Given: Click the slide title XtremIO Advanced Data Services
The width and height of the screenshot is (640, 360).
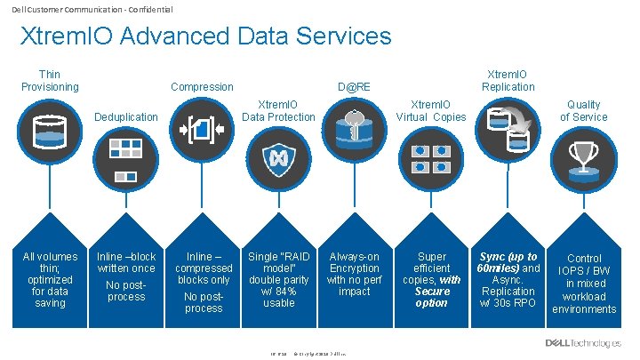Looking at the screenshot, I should (x=205, y=36).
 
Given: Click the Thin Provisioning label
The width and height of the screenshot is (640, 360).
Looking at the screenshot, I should (x=50, y=80).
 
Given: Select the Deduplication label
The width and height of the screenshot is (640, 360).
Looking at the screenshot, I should (x=126, y=116).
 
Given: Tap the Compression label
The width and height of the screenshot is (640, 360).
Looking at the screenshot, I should (x=202, y=87).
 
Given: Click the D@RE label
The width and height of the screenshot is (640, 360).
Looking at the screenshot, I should (x=355, y=87).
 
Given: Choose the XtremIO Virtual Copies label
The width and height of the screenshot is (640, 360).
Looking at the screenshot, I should (x=431, y=110).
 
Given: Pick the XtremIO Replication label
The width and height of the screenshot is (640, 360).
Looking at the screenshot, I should (x=508, y=80).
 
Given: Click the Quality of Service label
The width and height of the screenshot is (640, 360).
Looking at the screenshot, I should (x=584, y=110).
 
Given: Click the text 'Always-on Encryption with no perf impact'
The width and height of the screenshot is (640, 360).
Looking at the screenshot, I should (x=355, y=274).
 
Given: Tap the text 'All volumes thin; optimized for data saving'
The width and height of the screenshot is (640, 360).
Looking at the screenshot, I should (x=50, y=280).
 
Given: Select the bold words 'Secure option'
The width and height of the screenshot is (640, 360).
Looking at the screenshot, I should (x=432, y=297).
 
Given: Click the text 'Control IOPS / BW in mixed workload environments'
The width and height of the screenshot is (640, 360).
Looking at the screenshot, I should (x=584, y=284).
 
